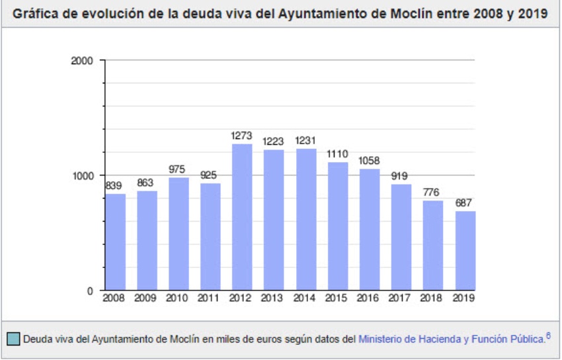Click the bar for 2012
[242, 217]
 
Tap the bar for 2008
[115, 242]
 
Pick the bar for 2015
[337, 226]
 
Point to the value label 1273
[242, 136]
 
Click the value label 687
[464, 203]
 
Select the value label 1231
[305, 140]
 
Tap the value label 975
[179, 169]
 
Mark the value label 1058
[369, 160]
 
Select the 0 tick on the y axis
[92, 291]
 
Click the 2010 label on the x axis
[179, 299]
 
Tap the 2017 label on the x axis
[401, 299]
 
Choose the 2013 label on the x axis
[274, 299]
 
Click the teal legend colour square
[13, 339]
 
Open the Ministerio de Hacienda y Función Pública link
[452, 339]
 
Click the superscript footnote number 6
[548, 336]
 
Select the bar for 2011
[210, 237]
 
